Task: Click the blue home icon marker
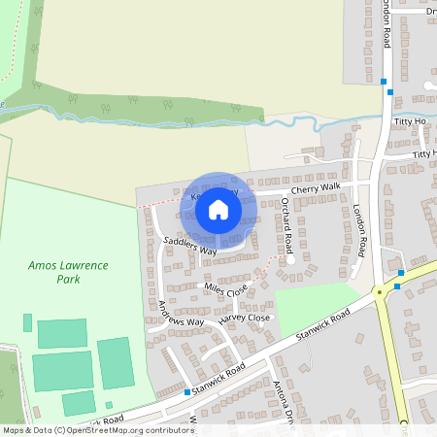click(x=218, y=209)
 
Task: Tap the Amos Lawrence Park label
click(x=68, y=272)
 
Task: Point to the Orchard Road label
click(x=286, y=223)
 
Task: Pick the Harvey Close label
click(x=244, y=318)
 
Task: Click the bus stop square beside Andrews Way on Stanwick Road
click(x=186, y=392)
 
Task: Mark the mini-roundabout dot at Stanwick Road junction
click(x=379, y=291)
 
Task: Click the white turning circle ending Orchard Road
click(x=289, y=259)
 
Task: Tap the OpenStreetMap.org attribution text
click(x=136, y=429)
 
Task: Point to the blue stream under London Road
click(x=320, y=123)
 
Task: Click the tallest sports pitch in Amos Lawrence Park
click(x=115, y=362)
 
